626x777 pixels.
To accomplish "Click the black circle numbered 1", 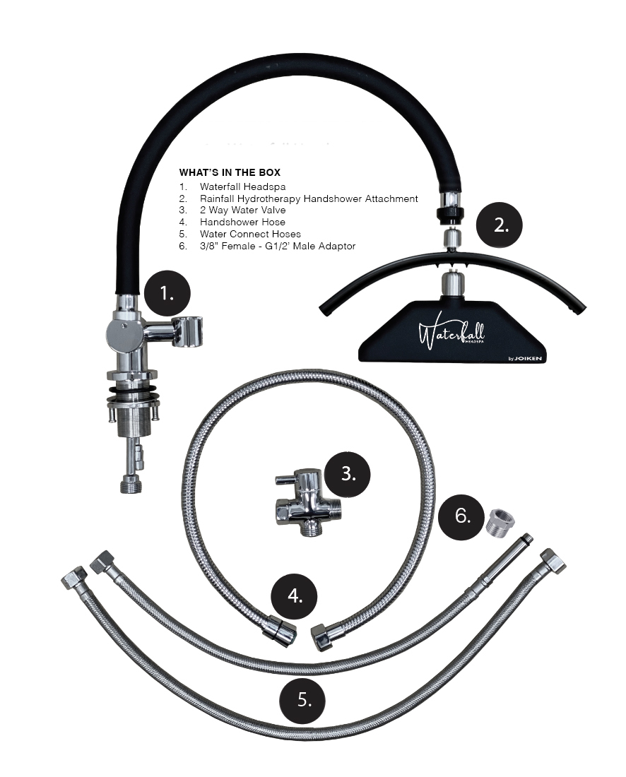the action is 167,293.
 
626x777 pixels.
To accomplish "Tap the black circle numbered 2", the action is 500,225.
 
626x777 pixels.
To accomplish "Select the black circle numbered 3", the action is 348,474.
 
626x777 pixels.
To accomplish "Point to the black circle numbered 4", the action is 294,595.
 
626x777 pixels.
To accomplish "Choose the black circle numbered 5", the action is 303,699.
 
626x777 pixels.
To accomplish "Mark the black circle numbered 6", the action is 461,516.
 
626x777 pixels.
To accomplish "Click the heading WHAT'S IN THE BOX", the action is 230,172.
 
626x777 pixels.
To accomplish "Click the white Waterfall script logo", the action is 451,336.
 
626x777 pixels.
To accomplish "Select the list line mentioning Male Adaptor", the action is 268,246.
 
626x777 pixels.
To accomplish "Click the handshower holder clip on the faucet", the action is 189,331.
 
